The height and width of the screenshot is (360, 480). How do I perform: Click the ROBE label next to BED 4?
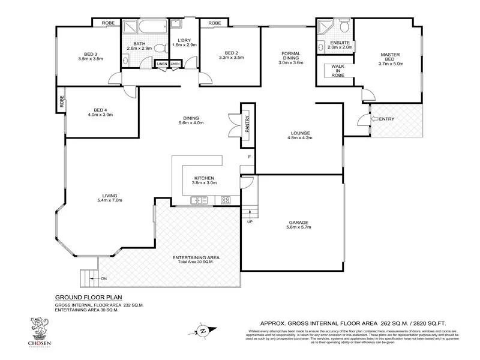[61, 100]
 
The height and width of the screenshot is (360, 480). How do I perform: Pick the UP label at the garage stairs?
[249, 221]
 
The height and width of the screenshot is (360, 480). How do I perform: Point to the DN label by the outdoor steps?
[103, 278]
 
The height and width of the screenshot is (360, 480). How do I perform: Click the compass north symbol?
[202, 329]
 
